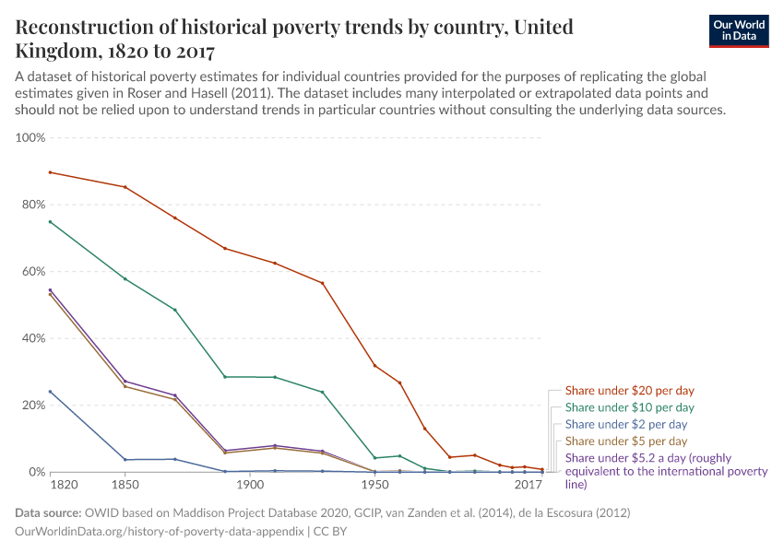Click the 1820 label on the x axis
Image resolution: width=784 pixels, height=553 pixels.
pos(64,485)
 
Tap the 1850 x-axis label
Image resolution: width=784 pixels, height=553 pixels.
pos(125,485)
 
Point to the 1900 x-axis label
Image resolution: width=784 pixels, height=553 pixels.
pos(249,485)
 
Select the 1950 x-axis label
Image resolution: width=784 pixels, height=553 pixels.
pos(374,485)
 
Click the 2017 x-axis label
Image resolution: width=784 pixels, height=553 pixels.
pos(529,485)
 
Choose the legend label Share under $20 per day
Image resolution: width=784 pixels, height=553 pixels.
pos(629,390)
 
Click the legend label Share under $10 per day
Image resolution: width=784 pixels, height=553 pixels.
pos(629,407)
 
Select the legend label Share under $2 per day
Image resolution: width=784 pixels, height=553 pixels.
pos(625,425)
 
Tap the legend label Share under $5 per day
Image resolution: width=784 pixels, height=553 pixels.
pos(625,441)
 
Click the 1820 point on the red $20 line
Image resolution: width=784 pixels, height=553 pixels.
pos(51,172)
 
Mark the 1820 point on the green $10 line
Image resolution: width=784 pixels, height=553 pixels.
pos(51,222)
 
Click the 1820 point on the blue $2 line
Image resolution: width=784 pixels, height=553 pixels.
pos(51,392)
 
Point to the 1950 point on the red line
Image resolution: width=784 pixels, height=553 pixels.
pos(374,366)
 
